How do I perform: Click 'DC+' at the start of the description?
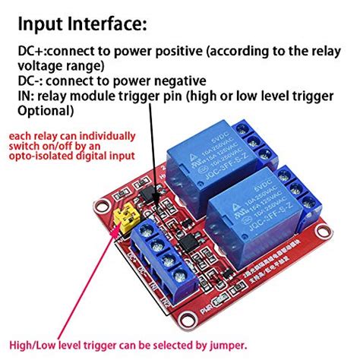30,52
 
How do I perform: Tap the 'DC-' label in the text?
28,80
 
